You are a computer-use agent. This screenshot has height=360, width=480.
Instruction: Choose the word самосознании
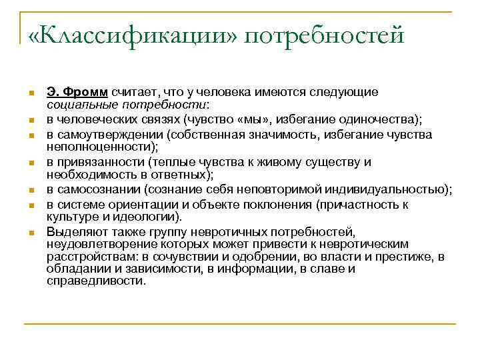tap(93, 191)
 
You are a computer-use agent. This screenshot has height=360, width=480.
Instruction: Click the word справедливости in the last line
tap(96, 281)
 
